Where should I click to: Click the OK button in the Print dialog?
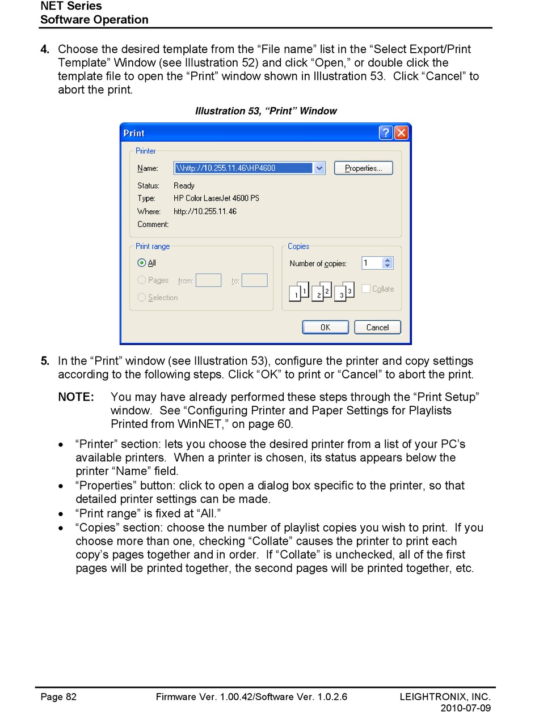[x=325, y=327]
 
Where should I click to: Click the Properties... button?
[x=363, y=168]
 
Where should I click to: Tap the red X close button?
[x=401, y=133]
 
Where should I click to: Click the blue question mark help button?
[x=386, y=133]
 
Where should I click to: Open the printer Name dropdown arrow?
[x=319, y=168]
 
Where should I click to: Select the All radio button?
[x=142, y=263]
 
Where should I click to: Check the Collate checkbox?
[x=366, y=288]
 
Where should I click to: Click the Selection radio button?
[x=142, y=297]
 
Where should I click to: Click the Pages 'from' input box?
[x=208, y=280]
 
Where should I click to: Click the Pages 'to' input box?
[x=254, y=280]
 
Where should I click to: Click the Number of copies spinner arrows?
[x=388, y=263]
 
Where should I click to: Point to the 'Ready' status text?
[x=184, y=185]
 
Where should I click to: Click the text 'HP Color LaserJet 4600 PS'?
[x=216, y=198]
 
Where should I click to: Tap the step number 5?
[x=44, y=361]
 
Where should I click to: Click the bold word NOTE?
[x=76, y=397]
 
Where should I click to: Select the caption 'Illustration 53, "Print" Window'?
[x=266, y=111]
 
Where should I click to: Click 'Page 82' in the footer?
[x=58, y=696]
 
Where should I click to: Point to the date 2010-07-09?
[x=465, y=708]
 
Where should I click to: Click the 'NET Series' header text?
[x=71, y=6]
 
